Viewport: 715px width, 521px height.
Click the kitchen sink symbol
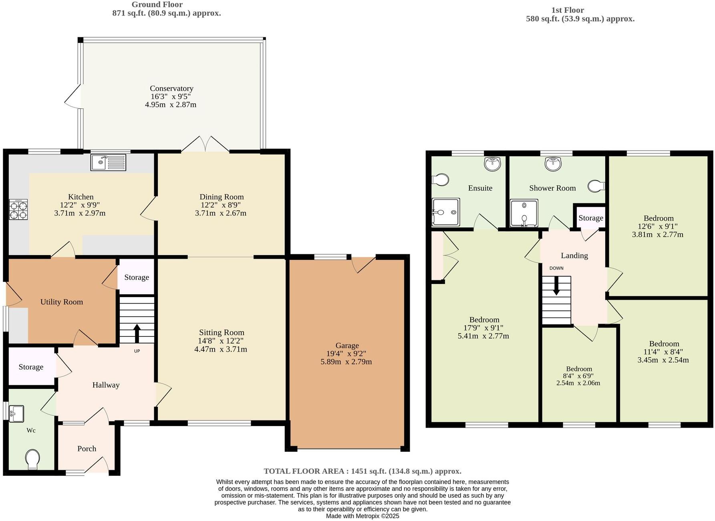[108, 162]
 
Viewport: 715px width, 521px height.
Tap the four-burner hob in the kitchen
[18, 209]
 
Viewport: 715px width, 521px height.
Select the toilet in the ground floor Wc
[32, 459]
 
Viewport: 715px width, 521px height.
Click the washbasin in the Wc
[16, 413]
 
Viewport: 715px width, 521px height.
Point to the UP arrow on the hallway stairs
[137, 332]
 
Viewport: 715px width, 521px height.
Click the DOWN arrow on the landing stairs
[556, 286]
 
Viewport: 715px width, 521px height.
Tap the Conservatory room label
[171, 89]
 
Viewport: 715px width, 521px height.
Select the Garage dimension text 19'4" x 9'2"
[346, 354]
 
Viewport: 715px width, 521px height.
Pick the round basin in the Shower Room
[553, 163]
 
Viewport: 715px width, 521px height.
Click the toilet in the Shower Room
[596, 186]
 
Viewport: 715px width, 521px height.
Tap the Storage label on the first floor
[590, 218]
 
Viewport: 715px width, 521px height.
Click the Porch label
[87, 449]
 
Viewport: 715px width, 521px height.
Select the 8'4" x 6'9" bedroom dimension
[578, 376]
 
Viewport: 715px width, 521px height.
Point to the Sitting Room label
[222, 332]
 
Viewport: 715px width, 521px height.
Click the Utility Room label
[62, 302]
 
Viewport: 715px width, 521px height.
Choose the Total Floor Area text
[362, 471]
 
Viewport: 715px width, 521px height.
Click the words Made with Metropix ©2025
[362, 516]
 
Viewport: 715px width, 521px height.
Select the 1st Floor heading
[567, 10]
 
